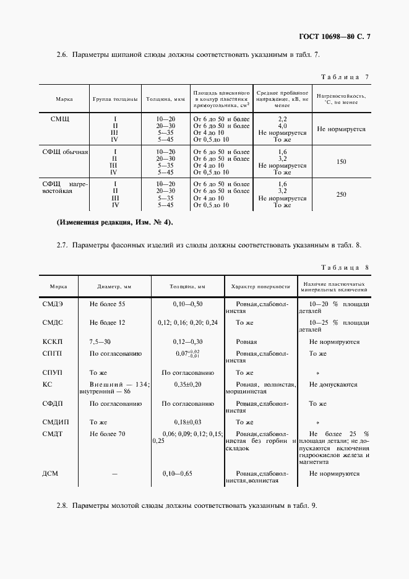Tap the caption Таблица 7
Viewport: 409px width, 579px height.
(x=345, y=77)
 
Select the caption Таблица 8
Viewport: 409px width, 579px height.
(x=345, y=267)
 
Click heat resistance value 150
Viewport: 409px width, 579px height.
(x=341, y=162)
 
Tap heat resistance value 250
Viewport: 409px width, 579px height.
(x=341, y=195)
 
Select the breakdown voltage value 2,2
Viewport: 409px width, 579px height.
(x=282, y=118)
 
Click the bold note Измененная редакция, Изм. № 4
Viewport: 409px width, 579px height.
(x=114, y=222)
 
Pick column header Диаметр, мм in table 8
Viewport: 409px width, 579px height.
(x=114, y=287)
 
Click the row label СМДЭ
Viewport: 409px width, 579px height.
(x=53, y=304)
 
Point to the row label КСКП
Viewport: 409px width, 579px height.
(x=53, y=341)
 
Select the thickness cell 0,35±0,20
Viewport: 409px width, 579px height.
(x=187, y=384)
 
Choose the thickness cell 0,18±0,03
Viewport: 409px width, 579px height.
(x=187, y=422)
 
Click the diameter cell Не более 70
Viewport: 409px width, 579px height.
(x=107, y=434)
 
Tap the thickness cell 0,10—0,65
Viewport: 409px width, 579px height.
(x=187, y=473)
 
